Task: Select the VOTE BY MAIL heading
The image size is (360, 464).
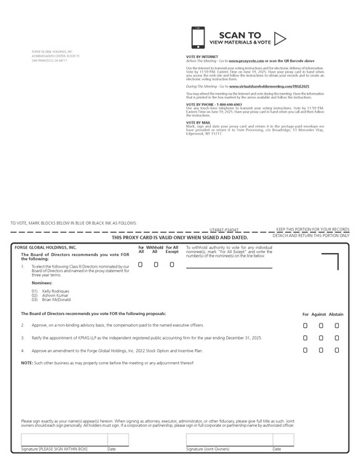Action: tap(199, 121)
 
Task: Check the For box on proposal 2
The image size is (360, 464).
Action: tap(306, 325)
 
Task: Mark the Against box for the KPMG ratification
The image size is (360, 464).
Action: tap(321, 338)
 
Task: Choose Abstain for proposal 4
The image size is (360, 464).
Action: tap(337, 351)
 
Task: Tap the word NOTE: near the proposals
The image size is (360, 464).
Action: tap(26, 362)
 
